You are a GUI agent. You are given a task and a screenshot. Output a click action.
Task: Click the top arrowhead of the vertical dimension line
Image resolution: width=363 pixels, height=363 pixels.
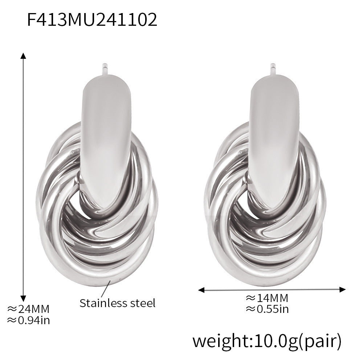point(24,56)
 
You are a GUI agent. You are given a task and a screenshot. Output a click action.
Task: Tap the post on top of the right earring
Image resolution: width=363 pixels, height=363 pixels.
point(273,69)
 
